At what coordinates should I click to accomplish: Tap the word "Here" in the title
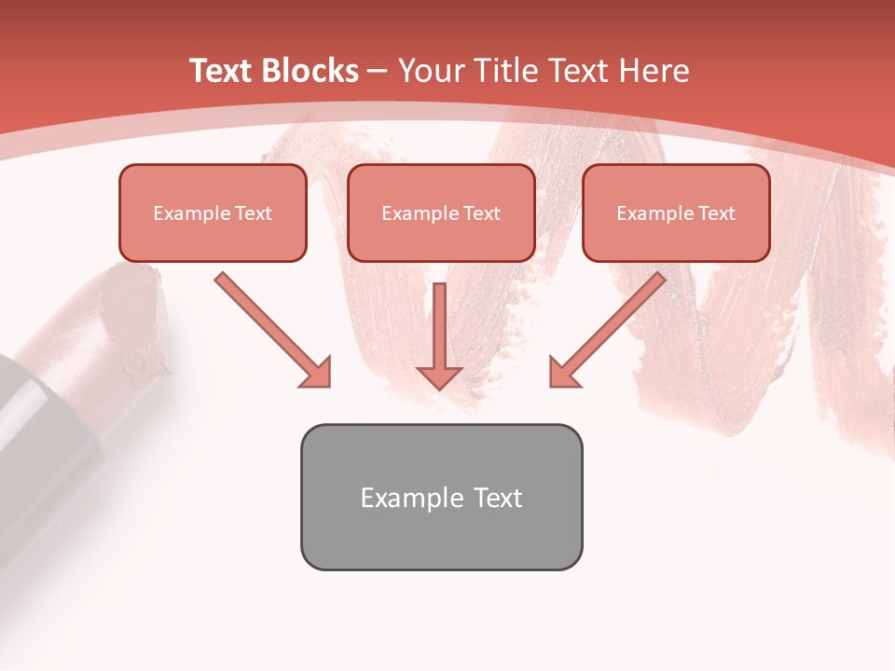[x=654, y=71]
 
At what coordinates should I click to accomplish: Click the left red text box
[x=213, y=212]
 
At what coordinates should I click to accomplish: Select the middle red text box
[x=441, y=212]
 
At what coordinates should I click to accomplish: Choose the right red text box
[x=676, y=212]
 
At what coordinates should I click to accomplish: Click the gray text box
[x=441, y=497]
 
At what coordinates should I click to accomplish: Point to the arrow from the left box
[x=270, y=328]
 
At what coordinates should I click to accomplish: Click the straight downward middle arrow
[x=439, y=331]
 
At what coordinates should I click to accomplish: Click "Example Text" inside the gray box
[x=441, y=498]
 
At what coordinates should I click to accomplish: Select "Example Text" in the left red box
[x=213, y=213]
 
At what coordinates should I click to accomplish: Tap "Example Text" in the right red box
[x=676, y=213]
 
